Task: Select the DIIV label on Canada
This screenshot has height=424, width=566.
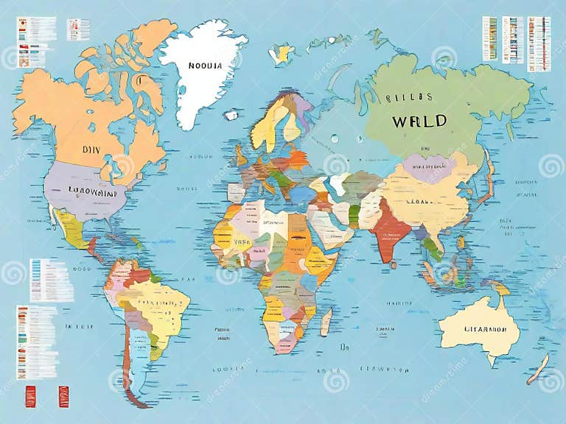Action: tap(91, 149)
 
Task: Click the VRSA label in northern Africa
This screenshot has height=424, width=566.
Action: tap(242, 241)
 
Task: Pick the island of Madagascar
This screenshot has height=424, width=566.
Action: tap(326, 322)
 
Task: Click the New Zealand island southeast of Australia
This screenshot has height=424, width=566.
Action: tap(538, 368)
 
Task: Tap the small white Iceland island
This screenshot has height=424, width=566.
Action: tap(231, 115)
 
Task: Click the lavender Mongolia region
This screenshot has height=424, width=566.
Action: tap(427, 168)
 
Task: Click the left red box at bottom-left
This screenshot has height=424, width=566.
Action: tap(30, 396)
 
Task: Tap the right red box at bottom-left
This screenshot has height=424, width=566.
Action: tap(63, 396)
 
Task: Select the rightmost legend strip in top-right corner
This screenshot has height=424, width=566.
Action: tap(539, 44)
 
